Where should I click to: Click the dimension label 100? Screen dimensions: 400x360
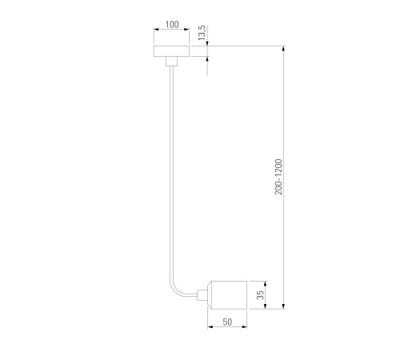coord(172,25)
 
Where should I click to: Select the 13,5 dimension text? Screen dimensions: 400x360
coord(202,33)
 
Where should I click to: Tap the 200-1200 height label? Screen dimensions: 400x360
coord(278,177)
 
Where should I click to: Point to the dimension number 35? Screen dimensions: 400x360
coord(260,294)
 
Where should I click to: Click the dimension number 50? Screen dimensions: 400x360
coord(227,322)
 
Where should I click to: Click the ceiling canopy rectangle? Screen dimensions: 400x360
coord(171,51)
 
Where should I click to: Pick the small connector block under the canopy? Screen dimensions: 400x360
coord(171,61)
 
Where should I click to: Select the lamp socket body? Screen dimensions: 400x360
coord(227,295)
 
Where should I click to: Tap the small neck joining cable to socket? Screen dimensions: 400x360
coord(202,295)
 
